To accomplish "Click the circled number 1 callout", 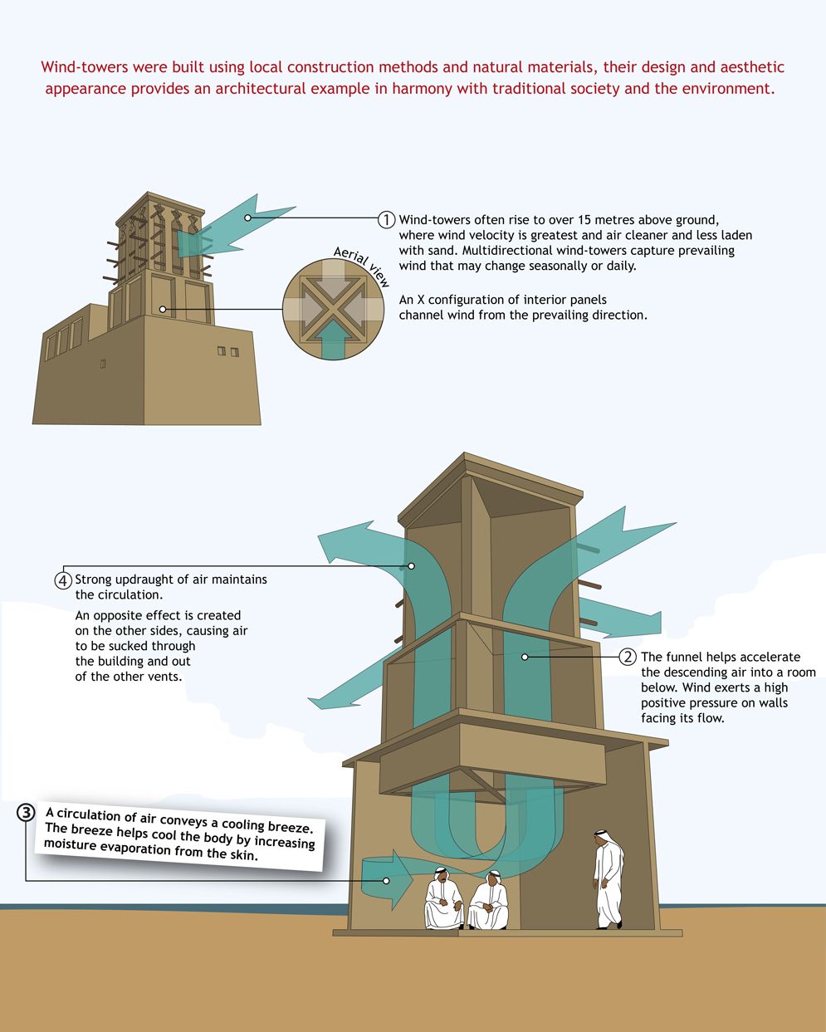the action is tap(386, 220).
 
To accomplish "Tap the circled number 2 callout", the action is tap(628, 657).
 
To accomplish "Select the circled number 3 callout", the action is tap(26, 812).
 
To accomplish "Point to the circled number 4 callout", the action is tap(63, 580).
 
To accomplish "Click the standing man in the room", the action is tap(609, 879).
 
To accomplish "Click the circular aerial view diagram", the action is tap(333, 310).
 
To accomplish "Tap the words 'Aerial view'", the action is tap(361, 266).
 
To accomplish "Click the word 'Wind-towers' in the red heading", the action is tap(85, 66).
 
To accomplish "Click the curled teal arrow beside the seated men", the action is tap(387, 880).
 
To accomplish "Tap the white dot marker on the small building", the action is tap(163, 310).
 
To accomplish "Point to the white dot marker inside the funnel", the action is tap(525, 657).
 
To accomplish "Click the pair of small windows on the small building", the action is tap(227, 351).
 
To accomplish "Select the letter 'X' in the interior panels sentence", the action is tap(421, 300).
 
